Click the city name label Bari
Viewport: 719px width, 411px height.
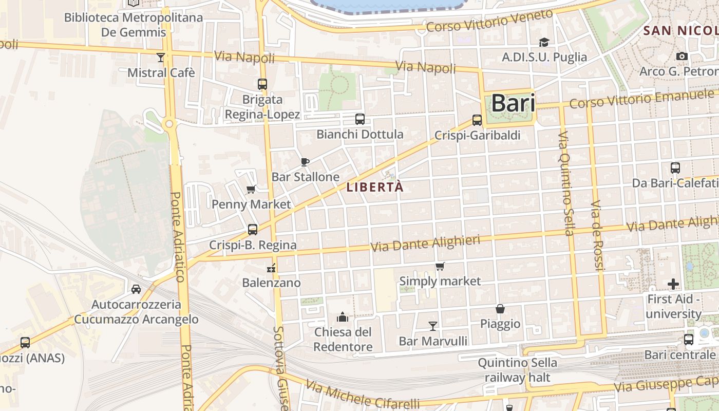(x=513, y=103)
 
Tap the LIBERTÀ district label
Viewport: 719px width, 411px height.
(x=375, y=188)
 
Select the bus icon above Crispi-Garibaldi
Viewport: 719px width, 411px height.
(x=477, y=120)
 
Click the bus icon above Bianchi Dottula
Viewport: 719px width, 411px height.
(x=360, y=119)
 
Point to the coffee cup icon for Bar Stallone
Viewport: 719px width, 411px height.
(x=305, y=162)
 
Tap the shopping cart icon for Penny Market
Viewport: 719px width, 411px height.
(x=251, y=190)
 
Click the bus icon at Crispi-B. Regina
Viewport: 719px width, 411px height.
(x=253, y=230)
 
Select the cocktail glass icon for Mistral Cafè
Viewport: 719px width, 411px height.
(x=161, y=57)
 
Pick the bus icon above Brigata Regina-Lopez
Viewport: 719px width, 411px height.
(x=262, y=84)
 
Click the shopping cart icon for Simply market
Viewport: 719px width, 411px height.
(x=440, y=266)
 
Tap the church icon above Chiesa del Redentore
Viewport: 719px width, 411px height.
(x=343, y=317)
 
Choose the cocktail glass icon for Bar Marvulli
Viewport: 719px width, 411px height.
(x=433, y=326)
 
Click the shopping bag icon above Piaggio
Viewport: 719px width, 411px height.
(x=500, y=309)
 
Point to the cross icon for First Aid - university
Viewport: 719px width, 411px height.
(x=673, y=284)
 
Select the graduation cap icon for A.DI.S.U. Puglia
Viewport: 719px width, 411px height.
(x=544, y=42)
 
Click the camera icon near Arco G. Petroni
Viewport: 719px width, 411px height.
(x=682, y=56)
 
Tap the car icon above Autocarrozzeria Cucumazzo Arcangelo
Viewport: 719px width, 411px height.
(x=136, y=289)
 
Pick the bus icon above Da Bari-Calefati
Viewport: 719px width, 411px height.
(x=675, y=167)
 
